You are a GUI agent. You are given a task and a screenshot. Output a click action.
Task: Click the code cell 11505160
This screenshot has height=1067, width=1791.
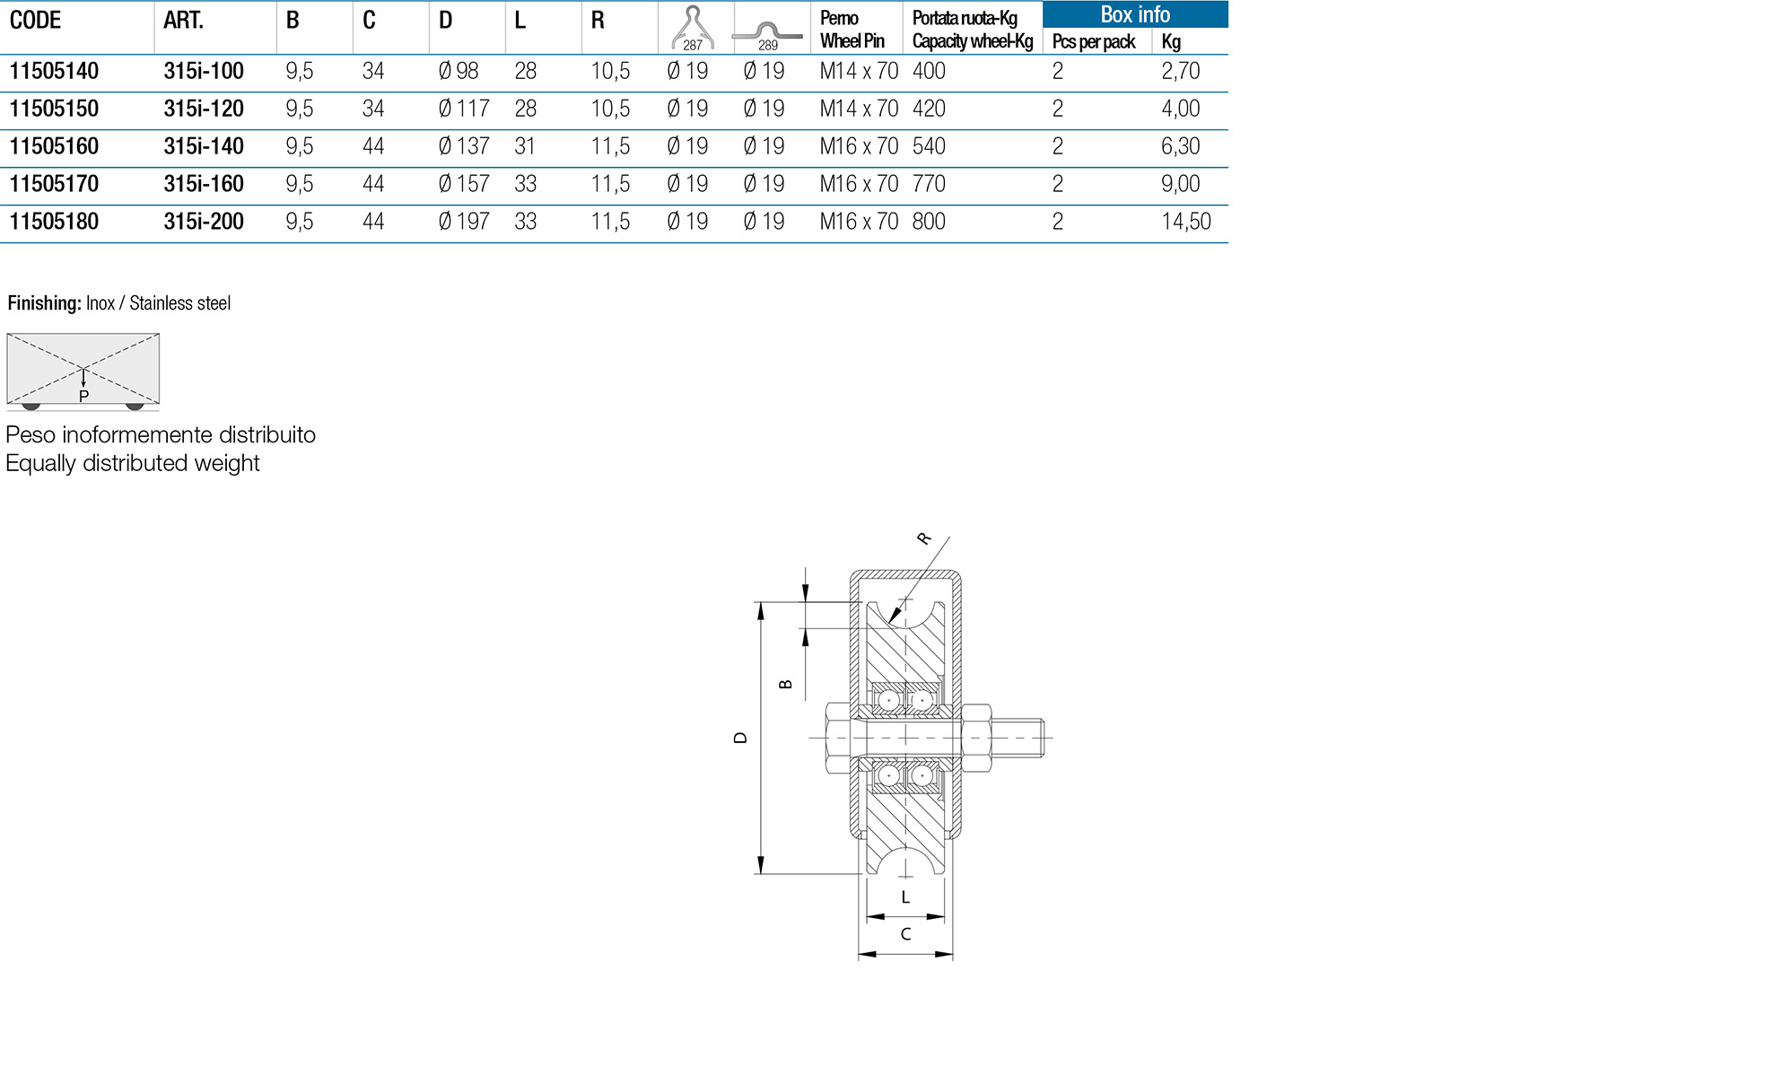point(54,146)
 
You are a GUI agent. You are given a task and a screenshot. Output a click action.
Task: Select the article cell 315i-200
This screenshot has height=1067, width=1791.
point(204,222)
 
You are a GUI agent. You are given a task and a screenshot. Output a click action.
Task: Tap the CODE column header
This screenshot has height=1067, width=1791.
point(35,21)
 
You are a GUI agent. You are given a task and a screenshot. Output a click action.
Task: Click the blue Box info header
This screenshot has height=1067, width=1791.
point(1134,14)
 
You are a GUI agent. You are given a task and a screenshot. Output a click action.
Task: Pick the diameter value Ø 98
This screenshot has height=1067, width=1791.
point(459,71)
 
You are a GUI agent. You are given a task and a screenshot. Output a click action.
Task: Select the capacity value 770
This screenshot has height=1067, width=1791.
point(929,184)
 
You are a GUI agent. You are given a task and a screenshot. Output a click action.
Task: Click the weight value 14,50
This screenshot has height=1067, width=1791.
point(1185,222)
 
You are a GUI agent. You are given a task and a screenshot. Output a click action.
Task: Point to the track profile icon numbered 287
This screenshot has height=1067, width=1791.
point(693,28)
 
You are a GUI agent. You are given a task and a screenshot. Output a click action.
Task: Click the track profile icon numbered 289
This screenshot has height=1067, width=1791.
point(767,34)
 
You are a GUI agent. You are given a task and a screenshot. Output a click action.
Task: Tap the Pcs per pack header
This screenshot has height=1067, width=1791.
point(1093,41)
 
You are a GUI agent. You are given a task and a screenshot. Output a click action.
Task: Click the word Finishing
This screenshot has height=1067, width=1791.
point(44,303)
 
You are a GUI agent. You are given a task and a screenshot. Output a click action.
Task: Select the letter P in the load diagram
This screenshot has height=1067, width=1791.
point(83,397)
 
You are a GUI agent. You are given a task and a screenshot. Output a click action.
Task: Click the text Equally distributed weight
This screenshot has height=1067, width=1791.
point(133,463)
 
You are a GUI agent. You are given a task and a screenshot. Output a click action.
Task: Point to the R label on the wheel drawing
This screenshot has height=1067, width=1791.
point(923,538)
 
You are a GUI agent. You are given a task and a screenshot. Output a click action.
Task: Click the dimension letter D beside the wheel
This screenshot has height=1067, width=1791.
point(740,738)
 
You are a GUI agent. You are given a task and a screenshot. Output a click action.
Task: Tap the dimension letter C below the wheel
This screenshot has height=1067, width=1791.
point(905,934)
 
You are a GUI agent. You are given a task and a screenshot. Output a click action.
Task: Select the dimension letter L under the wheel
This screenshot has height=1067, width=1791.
point(905,897)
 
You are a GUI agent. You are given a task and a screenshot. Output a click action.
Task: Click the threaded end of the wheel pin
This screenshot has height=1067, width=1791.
point(1027,738)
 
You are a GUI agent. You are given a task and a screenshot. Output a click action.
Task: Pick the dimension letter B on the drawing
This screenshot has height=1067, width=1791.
point(786,684)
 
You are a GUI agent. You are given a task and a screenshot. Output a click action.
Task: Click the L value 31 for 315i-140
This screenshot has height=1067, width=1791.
point(525,146)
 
